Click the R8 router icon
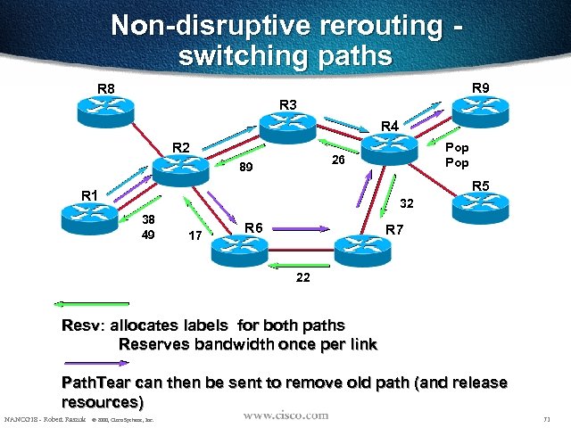(103, 109)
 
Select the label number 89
(247, 167)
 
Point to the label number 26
(338, 160)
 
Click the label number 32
(406, 202)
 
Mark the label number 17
(194, 236)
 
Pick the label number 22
(303, 277)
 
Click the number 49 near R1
(149, 235)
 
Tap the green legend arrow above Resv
(91, 308)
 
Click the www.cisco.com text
(285, 416)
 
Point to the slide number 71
(545, 418)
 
